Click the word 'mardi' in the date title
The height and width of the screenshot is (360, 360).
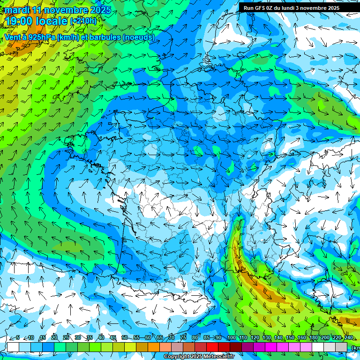pos(16,10)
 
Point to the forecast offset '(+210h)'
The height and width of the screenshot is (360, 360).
pos(83,21)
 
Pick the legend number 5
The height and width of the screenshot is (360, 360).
pos(18,337)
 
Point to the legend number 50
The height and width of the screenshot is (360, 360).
pos(124,337)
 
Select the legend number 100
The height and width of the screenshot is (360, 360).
pos(231,337)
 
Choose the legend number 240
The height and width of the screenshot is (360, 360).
pos(348,337)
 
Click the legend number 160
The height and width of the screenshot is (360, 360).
pos(301,337)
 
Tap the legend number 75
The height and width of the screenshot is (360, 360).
pos(183,337)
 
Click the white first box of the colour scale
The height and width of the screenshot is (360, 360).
pos(13,346)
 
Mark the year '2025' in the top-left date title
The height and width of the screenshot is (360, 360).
pos(101,10)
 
